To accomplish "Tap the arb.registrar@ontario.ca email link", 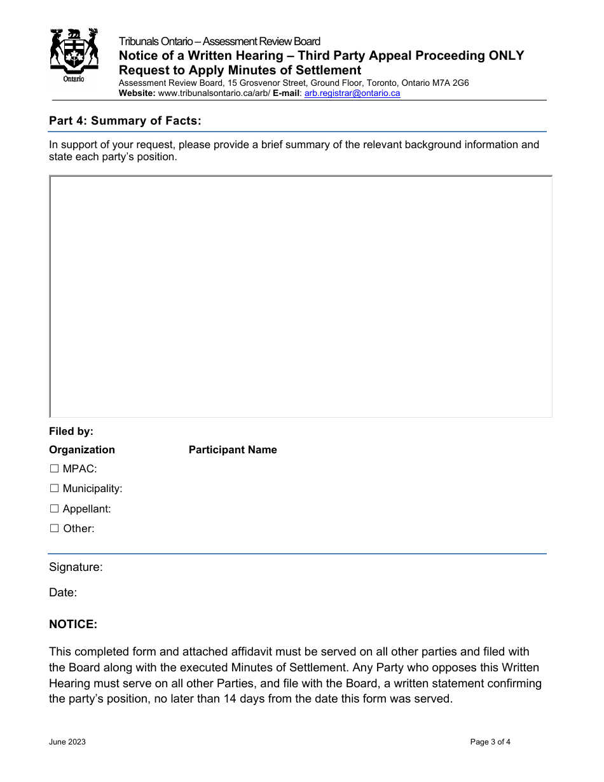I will click(352, 93).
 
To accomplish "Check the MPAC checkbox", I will click(54, 469).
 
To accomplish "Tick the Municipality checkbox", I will click(54, 489).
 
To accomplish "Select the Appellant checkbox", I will click(54, 509).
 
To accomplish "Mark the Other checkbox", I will click(54, 528).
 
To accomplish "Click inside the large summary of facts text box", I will click(301, 296).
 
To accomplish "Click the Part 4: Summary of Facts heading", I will click(125, 120).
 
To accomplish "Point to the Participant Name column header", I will click(233, 449).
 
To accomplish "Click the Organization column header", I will click(82, 449).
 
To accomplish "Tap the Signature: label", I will click(76, 567).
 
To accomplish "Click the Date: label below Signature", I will click(63, 593).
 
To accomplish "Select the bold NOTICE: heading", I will click(73, 624).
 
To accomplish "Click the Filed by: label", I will click(71, 431).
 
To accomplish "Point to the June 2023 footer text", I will click(67, 742).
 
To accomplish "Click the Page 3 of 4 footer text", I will click(490, 742).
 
